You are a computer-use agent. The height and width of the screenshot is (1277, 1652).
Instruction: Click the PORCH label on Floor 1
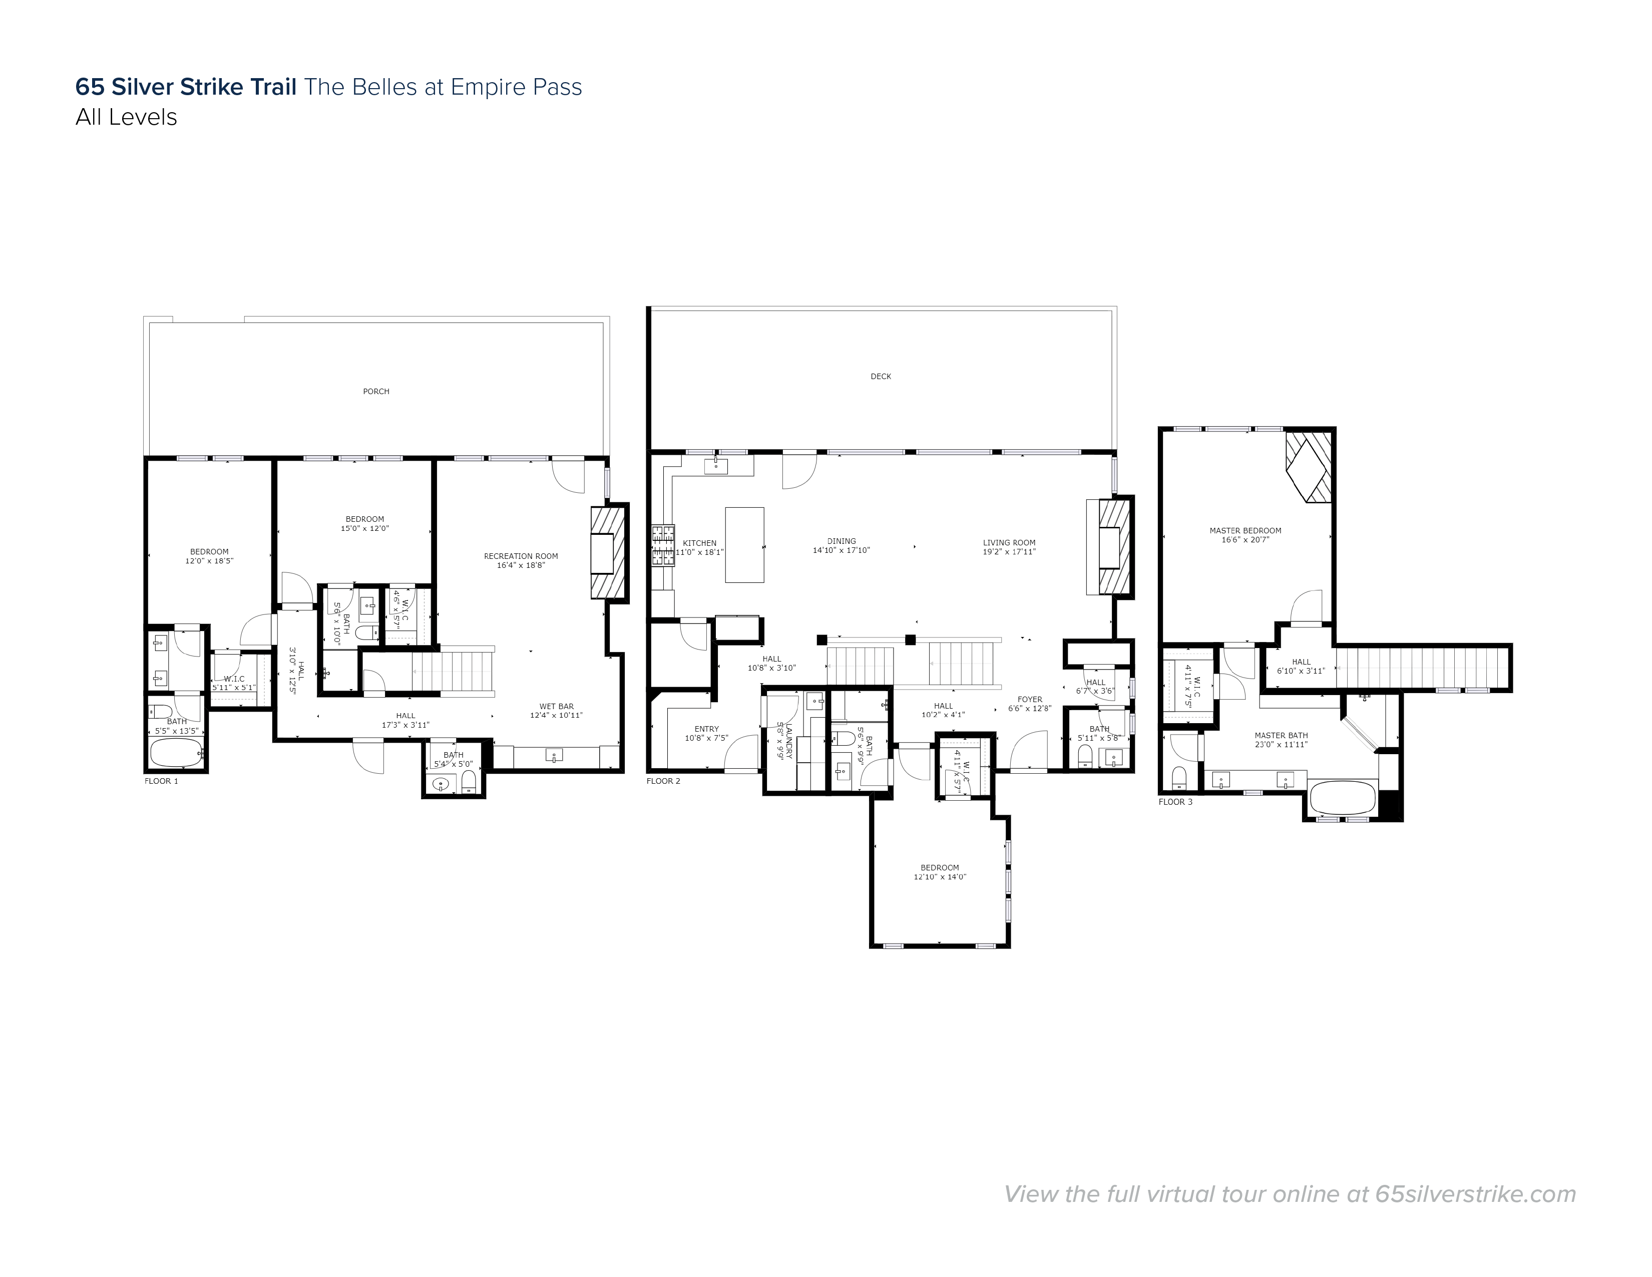[x=376, y=391]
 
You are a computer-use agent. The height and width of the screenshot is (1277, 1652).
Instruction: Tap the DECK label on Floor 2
[x=881, y=376]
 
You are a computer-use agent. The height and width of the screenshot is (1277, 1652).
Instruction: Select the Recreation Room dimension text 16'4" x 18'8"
[x=521, y=565]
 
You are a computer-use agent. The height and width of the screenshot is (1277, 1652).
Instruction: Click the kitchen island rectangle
[x=744, y=545]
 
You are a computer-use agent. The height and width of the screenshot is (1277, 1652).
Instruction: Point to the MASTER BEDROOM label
[x=1245, y=530]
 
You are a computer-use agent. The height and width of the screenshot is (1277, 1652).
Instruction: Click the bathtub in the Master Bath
[x=1344, y=797]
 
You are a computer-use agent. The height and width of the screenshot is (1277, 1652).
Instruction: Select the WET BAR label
[x=556, y=707]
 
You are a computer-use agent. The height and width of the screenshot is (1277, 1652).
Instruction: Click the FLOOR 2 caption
[x=663, y=781]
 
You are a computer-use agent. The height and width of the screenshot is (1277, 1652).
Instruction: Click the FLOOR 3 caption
[x=1175, y=801]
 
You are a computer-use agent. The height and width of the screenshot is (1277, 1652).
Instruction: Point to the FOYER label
[x=1029, y=700]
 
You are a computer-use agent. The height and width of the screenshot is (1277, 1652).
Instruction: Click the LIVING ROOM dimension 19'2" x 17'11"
[x=1009, y=551]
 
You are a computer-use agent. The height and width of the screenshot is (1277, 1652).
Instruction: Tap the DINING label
[x=841, y=541]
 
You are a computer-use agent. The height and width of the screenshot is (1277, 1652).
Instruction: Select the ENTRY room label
[x=706, y=729]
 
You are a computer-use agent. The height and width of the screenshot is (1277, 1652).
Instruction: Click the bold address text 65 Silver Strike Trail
[x=185, y=87]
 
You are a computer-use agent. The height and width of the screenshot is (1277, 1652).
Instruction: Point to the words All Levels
[x=126, y=117]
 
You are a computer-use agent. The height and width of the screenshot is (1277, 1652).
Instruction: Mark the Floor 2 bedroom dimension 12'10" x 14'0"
[x=940, y=877]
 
